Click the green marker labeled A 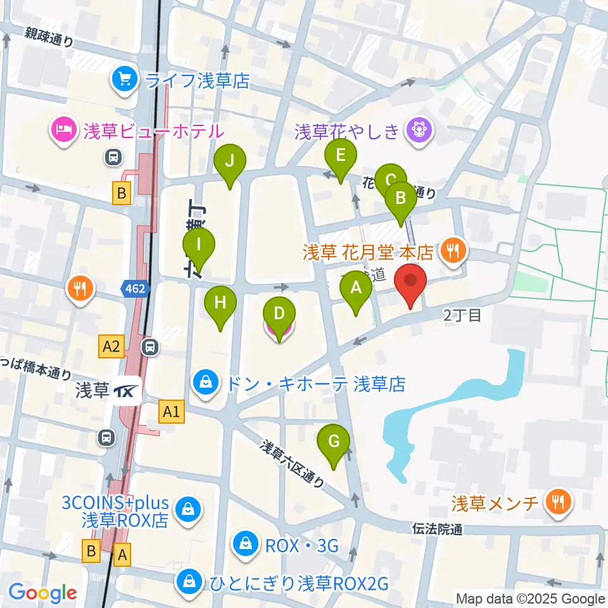tap(357, 289)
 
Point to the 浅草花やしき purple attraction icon tap(419, 131)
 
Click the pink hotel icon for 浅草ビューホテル tap(65, 131)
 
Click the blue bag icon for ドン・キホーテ tap(206, 384)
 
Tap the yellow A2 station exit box tap(111, 346)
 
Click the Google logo tap(42, 593)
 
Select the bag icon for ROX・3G tap(244, 545)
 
